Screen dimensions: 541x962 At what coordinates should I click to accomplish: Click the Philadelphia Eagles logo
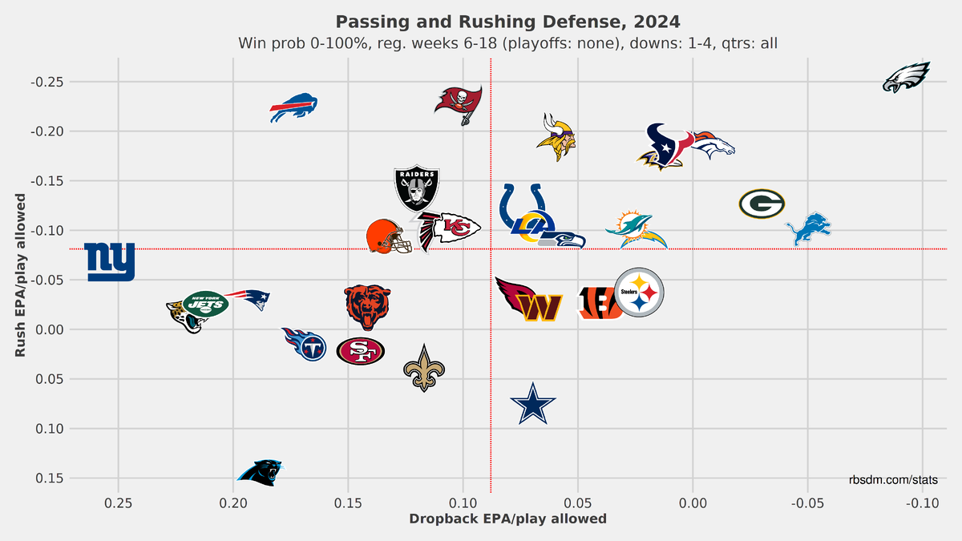[906, 77]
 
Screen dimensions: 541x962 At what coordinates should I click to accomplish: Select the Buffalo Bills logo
[293, 107]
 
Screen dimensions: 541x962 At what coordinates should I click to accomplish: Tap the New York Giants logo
[110, 262]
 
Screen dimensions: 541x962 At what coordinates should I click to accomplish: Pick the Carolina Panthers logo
[261, 472]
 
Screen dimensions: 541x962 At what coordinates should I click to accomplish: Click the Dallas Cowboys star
[533, 405]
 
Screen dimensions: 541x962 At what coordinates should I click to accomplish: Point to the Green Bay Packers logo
[761, 204]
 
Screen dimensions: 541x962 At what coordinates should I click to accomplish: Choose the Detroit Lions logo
[808, 228]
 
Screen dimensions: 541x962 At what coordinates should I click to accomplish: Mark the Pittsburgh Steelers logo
[639, 293]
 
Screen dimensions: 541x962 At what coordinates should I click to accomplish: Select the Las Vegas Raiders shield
[417, 188]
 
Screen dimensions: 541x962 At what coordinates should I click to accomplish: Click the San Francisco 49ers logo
[360, 351]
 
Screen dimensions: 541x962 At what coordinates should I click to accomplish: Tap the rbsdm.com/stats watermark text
[894, 479]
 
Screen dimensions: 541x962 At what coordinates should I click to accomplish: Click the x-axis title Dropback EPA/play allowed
[507, 519]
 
